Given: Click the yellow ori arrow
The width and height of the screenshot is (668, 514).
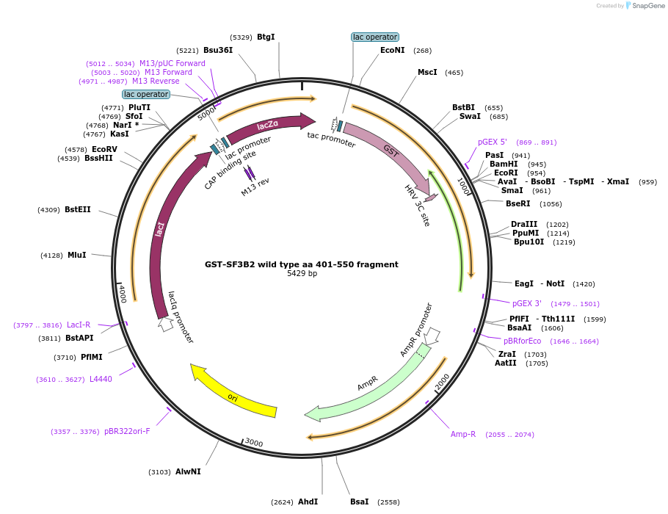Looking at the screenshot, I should (233, 392).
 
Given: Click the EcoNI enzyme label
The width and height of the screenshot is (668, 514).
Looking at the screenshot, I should (392, 51).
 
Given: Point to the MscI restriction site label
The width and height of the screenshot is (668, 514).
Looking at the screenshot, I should (427, 72).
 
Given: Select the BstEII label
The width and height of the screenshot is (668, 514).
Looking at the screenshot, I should (78, 209).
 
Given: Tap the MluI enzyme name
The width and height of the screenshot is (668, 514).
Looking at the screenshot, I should (77, 255).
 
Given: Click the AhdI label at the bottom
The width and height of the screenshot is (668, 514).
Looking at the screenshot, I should (308, 502).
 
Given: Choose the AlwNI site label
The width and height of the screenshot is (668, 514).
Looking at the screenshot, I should (188, 471).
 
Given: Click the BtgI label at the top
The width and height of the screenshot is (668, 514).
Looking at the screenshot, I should (266, 37).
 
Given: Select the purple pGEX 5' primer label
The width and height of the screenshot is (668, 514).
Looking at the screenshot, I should (493, 142).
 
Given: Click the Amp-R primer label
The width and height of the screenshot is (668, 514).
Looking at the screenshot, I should (463, 434).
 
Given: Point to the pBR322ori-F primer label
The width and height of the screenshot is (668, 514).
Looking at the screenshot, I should (127, 431).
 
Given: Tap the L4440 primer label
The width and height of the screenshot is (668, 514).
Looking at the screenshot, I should (101, 379).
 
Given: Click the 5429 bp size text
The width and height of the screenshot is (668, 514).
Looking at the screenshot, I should (302, 274).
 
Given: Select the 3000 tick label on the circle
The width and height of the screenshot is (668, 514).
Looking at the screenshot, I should (253, 442).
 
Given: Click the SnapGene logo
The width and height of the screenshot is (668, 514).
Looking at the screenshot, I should (644, 6).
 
